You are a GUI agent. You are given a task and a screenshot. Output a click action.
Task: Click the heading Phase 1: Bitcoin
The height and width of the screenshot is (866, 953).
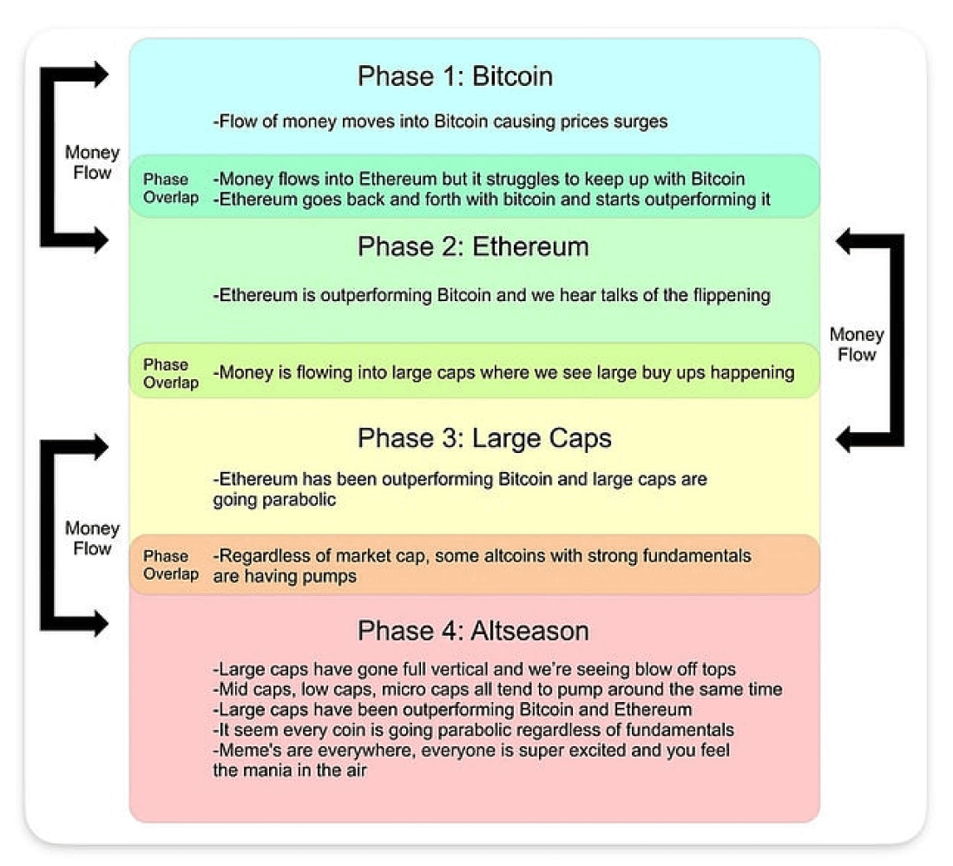click(x=455, y=76)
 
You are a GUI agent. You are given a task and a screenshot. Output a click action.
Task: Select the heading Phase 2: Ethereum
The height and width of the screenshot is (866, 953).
click(x=473, y=246)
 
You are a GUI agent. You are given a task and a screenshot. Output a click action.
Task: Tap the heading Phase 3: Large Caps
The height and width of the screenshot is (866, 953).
click(x=484, y=438)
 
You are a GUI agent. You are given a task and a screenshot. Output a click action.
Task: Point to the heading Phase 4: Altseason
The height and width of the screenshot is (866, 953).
click(x=473, y=631)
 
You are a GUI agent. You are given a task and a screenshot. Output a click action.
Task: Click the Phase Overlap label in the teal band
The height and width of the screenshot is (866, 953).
click(x=171, y=188)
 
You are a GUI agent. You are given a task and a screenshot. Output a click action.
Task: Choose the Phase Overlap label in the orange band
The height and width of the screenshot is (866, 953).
click(x=171, y=565)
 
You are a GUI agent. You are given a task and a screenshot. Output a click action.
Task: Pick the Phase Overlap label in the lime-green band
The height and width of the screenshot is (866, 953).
click(x=171, y=374)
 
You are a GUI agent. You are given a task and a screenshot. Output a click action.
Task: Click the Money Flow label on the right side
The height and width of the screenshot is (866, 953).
click(x=857, y=344)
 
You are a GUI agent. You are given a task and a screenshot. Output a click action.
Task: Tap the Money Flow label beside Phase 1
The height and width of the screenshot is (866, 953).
click(x=92, y=162)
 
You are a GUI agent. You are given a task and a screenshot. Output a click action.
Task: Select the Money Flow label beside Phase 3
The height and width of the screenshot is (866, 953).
click(x=92, y=539)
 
